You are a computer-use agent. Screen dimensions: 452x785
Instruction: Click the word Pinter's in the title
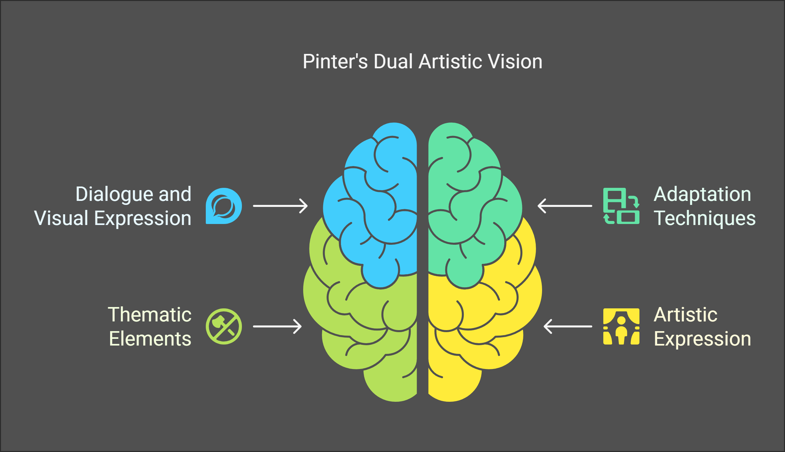335,62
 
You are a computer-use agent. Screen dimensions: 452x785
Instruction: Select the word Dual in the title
393,62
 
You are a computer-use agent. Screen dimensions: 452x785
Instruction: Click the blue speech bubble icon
224,206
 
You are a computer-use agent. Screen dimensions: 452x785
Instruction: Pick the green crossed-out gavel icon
224,326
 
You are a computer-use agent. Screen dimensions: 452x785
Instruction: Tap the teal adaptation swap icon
621,206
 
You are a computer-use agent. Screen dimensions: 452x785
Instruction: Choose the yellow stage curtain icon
621,326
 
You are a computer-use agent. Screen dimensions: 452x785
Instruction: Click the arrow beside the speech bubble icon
280,206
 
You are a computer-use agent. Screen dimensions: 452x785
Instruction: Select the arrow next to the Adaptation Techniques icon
565,206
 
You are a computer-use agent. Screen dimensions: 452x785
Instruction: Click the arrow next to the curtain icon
568,326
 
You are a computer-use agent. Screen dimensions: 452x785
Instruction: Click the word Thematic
150,315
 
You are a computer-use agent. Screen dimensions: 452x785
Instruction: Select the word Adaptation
702,194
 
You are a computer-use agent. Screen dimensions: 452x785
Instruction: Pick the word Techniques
704,218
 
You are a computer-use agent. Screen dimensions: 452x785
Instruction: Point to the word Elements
150,339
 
